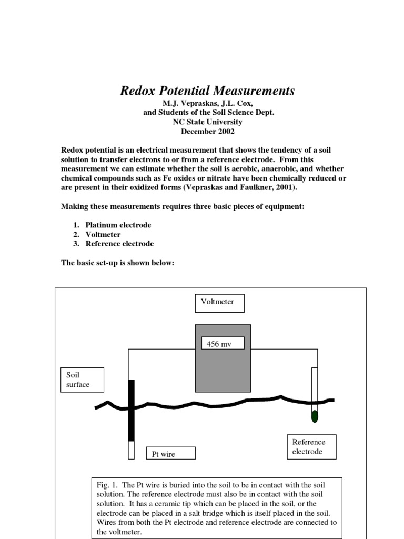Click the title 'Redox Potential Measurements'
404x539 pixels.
(207, 91)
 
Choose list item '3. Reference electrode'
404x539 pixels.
(114, 244)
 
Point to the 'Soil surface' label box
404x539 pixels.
(82, 380)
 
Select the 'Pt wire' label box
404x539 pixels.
(170, 454)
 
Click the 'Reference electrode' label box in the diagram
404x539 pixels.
(311, 447)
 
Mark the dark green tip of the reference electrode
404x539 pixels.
(315, 416)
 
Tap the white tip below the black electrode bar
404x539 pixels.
(132, 450)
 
